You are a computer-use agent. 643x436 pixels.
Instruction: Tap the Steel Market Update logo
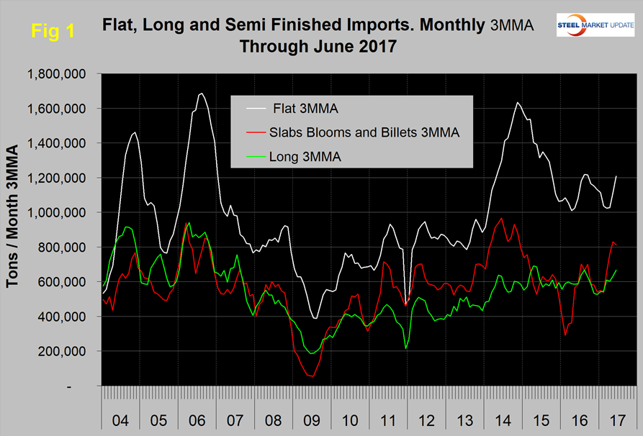594,25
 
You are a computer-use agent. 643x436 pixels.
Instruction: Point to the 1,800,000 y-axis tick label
56,74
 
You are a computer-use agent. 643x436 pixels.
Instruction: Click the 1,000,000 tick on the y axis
56,213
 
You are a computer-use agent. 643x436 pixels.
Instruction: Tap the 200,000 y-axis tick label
62,351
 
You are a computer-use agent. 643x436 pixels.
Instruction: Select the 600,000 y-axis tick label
62,282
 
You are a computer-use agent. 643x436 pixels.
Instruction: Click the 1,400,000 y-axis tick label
56,143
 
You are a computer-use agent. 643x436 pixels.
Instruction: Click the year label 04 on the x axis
122,419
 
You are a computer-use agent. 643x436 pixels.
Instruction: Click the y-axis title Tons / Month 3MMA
14,230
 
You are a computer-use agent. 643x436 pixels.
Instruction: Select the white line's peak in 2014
518,102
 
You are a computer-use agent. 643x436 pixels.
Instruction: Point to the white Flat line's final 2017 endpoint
616,176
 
